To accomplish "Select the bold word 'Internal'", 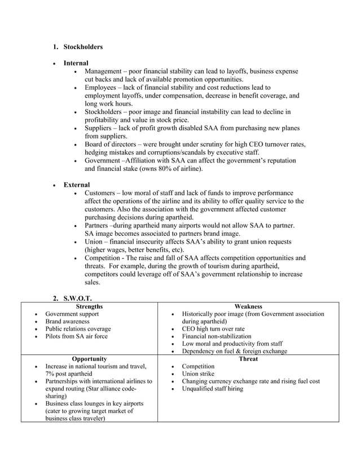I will click(76, 63).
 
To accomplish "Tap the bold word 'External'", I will click(76, 185).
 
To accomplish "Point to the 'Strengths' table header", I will click(89, 306).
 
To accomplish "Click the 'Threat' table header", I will click(248, 358).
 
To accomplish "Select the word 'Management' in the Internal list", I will click(105, 72).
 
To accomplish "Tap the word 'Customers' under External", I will click(102, 194).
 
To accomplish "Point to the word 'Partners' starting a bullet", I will click(99, 226).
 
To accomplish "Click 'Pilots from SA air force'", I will click(76, 336).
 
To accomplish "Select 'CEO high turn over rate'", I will click(213, 329).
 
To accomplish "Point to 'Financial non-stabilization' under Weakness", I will click(217, 336).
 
